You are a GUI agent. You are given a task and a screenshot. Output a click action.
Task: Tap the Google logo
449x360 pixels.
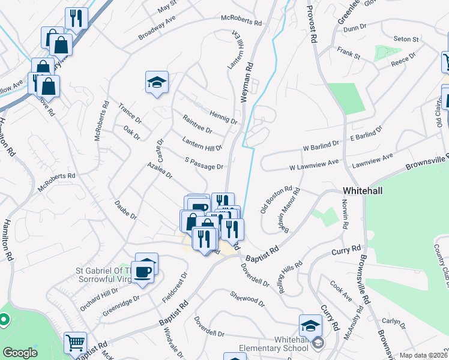coord(20,353)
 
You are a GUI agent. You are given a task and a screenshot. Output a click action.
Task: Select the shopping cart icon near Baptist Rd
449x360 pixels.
coord(75,343)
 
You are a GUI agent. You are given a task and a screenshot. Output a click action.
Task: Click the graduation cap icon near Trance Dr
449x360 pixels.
coord(157,82)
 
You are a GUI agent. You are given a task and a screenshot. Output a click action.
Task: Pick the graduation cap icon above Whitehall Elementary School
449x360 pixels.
coord(310,326)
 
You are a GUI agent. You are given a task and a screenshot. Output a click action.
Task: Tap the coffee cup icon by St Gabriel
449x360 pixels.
coord(143,271)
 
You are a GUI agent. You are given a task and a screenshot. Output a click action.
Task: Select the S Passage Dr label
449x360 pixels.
coord(204,163)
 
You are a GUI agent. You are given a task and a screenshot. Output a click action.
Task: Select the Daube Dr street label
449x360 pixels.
coord(125,208)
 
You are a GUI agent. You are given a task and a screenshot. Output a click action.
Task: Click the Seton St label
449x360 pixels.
coord(406,39)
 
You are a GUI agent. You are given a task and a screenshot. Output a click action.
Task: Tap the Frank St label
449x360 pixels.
coord(348,53)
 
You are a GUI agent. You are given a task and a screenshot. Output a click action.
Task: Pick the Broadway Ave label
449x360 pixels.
coord(156,28)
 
